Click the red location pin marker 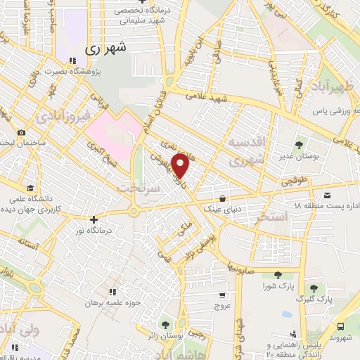pos(181,167)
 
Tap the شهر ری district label pos(107,49)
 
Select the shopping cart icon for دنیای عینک pos(222,198)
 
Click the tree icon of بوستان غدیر pos(300,146)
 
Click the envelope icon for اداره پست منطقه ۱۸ pos(328,194)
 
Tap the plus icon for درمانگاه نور pos(94,219)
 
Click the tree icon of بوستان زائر pos(165,324)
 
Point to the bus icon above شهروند pos(341,326)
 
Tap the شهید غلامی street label pos(207,98)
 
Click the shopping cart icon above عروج pos(222,295)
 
